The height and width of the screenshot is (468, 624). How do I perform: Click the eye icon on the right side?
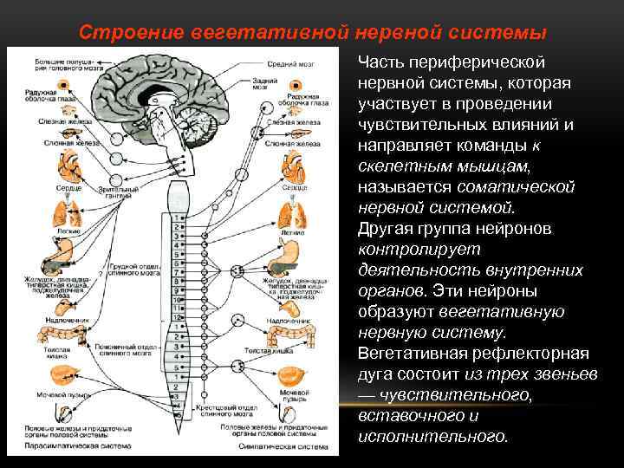296,87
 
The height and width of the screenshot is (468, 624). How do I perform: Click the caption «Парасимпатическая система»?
70,447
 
